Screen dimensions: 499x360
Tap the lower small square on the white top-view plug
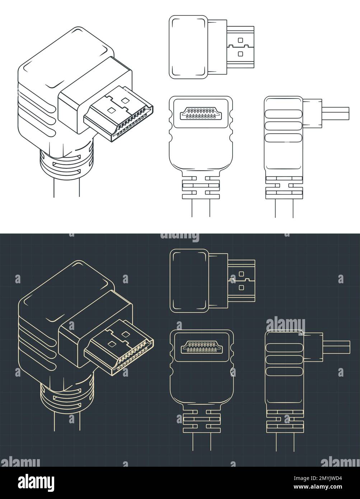pos(240,54)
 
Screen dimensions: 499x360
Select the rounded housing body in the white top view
pos(188,46)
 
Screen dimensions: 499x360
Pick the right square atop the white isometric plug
pos(125,101)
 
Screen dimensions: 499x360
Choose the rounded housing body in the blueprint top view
pos(189,280)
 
